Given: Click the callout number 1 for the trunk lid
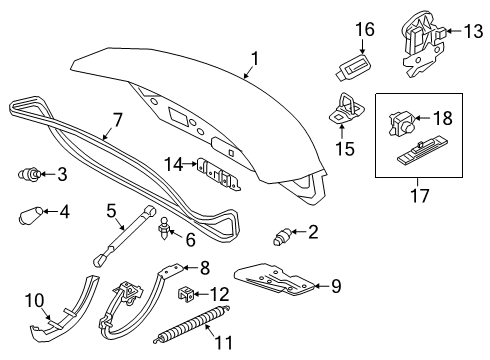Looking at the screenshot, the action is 255,59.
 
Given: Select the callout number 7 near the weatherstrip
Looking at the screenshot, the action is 116,120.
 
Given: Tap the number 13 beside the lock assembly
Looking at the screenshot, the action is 473,31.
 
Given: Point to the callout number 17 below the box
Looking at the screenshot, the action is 420,195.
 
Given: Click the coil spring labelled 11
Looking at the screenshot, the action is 192,323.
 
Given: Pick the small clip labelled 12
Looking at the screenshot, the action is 185,294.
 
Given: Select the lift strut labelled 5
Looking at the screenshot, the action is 124,236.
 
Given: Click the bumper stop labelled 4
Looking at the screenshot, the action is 31,215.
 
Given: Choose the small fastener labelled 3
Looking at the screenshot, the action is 29,174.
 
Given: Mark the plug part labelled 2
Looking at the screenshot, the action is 283,236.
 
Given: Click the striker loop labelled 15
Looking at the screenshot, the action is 346,109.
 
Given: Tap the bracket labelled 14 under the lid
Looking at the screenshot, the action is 219,174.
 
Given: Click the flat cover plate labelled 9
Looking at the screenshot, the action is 275,279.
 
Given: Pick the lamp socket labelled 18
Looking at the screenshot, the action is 402,124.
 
